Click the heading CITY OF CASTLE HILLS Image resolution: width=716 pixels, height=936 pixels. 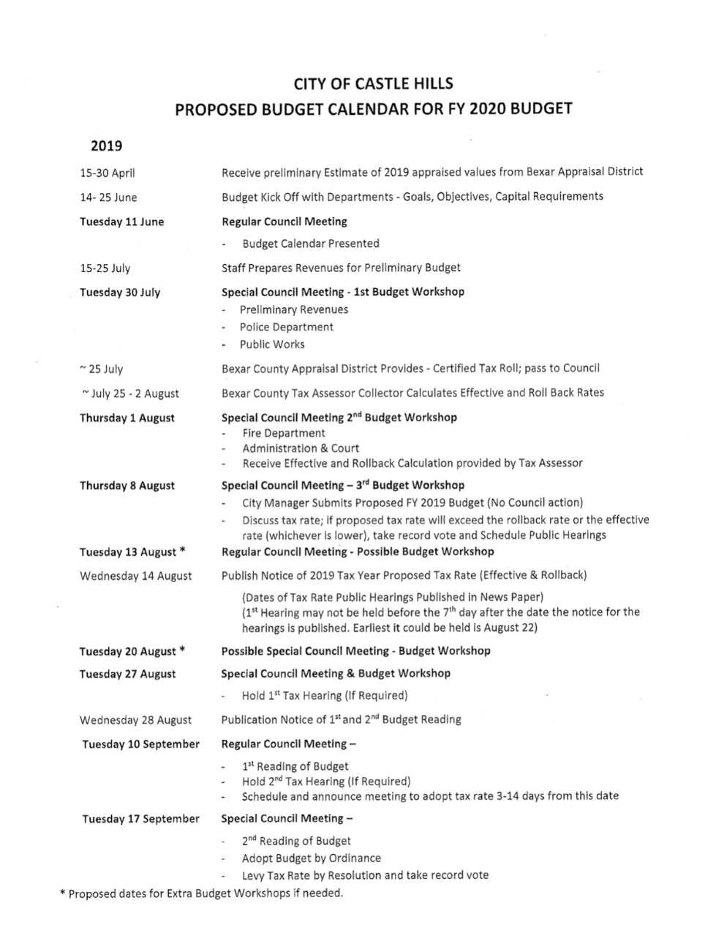tap(373, 83)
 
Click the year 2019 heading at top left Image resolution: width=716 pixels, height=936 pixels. tap(106, 146)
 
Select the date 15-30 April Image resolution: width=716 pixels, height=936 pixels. tap(108, 173)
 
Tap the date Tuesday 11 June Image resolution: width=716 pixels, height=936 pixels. tap(121, 222)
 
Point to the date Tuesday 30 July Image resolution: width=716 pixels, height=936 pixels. tap(120, 292)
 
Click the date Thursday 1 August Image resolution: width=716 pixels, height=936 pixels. tap(127, 418)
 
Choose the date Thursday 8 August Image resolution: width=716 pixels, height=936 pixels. tap(127, 486)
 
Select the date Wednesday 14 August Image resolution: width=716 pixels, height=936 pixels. tap(135, 576)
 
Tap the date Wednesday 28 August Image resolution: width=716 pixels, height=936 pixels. tap(135, 720)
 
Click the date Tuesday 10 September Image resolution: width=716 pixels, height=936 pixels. tap(140, 744)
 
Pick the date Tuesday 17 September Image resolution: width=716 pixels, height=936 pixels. tap(140, 819)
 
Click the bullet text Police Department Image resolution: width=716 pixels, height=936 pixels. tap(286, 328)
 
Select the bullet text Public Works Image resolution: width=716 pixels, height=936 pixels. tap(272, 344)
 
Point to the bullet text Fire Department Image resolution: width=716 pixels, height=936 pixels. tap(284, 433)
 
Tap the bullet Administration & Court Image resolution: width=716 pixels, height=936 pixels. tap(301, 448)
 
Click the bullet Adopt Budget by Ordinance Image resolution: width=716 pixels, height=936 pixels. tap(311, 858)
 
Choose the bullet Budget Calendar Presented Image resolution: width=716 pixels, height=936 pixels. tap(311, 244)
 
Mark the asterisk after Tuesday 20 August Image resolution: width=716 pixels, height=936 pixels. tap(181, 650)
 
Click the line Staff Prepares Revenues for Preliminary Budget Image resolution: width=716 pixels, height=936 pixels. tap(341, 268)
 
